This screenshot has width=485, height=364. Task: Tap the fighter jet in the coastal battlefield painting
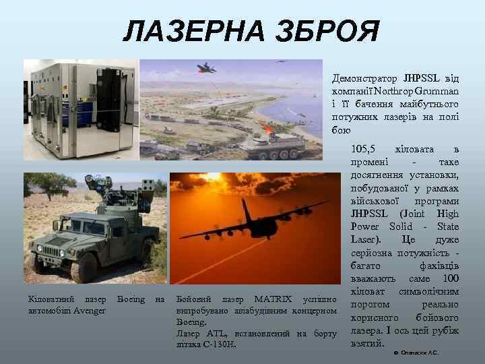point(205,67)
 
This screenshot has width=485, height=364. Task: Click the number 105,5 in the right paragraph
point(362,149)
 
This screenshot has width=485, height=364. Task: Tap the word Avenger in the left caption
point(90,311)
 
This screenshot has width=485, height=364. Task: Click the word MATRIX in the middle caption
point(273,299)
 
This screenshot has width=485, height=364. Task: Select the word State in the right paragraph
point(447,226)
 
